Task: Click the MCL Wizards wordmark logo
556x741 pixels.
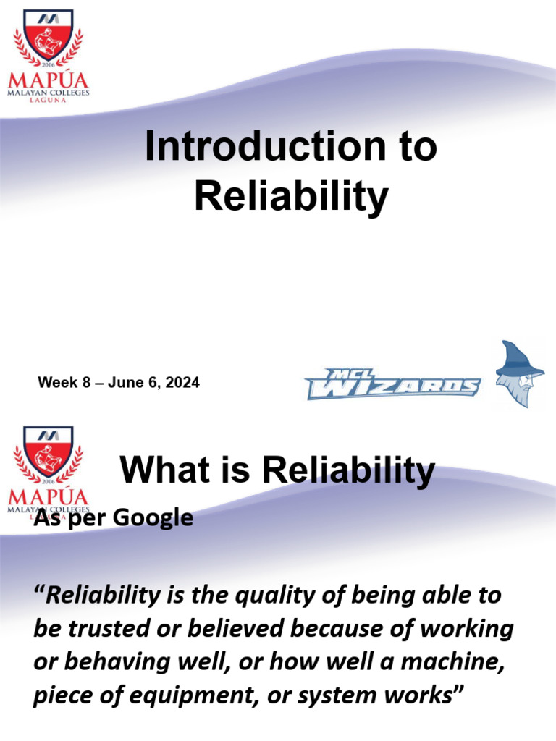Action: tap(392, 384)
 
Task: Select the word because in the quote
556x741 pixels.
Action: tap(334, 629)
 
